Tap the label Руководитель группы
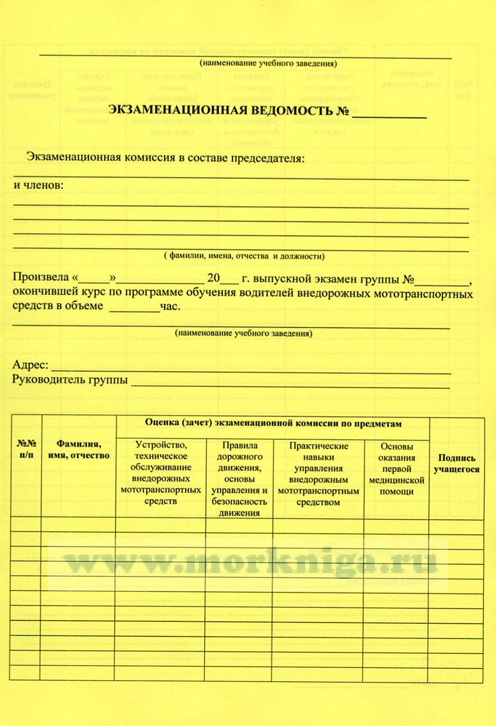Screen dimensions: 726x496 (x=70, y=381)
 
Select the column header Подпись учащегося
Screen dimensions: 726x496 (x=456, y=464)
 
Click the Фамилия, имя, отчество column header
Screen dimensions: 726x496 (x=79, y=450)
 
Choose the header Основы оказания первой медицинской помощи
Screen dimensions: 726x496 (x=396, y=469)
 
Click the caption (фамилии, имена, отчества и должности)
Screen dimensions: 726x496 (x=243, y=257)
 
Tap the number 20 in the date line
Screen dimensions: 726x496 (x=213, y=279)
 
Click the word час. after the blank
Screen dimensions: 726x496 (x=170, y=306)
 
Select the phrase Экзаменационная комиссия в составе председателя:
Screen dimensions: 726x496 (x=166, y=157)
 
